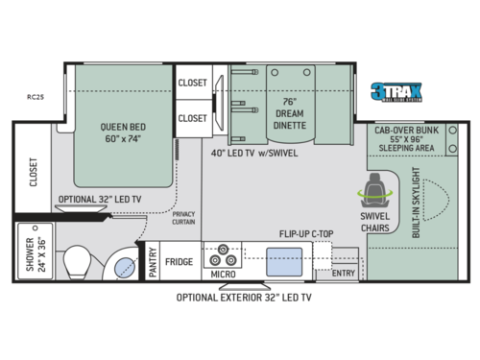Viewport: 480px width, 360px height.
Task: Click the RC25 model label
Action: [36, 95]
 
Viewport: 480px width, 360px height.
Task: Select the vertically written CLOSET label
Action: [33, 179]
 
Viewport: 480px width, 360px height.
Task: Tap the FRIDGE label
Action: [180, 261]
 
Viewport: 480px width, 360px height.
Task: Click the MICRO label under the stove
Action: [224, 276]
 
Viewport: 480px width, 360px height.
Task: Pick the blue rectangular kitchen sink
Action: [282, 260]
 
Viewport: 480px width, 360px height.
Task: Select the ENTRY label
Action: [343, 274]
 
